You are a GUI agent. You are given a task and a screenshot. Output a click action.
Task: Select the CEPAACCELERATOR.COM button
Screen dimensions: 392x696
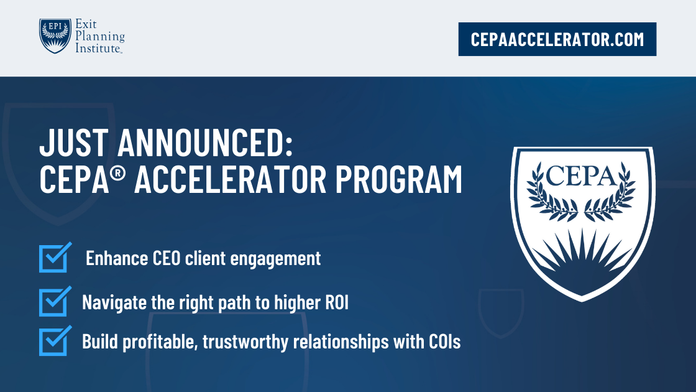click(557, 39)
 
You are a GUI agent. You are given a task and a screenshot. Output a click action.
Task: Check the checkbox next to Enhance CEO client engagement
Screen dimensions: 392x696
click(53, 258)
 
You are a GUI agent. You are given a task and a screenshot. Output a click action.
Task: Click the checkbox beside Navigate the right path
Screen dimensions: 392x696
click(53, 302)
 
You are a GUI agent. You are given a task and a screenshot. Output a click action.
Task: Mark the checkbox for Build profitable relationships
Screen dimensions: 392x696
click(53, 342)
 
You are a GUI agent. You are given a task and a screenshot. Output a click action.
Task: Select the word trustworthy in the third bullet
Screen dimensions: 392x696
click(239, 342)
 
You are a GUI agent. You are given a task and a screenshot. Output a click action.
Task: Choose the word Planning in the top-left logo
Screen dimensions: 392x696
click(100, 36)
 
